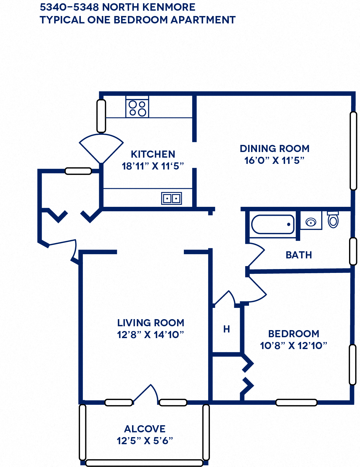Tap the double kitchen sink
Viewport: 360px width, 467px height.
[171, 198]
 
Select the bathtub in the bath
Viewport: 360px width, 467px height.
[273, 224]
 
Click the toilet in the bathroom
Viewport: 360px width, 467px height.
[333, 220]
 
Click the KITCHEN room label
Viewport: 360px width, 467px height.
[153, 154]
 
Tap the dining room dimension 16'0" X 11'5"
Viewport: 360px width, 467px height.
[274, 161]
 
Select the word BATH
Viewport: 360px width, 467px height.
[299, 255]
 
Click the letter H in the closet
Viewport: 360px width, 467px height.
[226, 329]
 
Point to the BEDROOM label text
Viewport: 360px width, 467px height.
[294, 334]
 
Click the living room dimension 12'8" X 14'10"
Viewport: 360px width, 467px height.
[150, 335]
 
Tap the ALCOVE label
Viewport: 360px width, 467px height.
[145, 429]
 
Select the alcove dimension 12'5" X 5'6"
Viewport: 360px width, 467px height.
[145, 441]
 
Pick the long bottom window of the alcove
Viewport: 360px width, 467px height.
[144, 463]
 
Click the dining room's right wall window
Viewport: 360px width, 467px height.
[353, 151]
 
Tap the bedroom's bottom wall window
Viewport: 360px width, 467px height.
[296, 402]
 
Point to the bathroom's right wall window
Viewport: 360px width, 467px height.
[353, 251]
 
